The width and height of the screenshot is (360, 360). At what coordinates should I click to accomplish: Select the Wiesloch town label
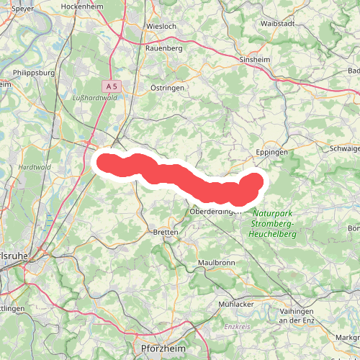click(161, 26)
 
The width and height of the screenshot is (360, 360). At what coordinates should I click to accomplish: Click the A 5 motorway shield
click(110, 86)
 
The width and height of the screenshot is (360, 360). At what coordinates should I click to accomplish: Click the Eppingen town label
click(272, 153)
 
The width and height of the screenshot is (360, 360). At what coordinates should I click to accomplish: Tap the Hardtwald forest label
click(33, 167)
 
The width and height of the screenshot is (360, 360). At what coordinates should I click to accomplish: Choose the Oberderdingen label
click(215, 211)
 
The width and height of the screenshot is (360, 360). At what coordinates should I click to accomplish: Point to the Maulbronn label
click(216, 263)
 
